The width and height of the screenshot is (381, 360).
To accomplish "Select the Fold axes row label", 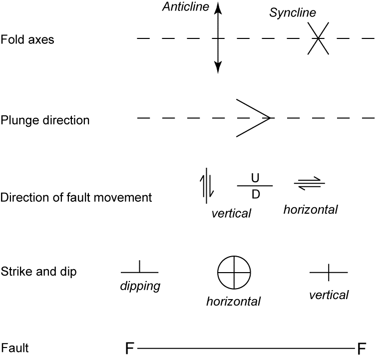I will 27,39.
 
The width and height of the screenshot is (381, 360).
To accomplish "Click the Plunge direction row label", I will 45,120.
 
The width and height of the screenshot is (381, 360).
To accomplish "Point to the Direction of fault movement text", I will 76,197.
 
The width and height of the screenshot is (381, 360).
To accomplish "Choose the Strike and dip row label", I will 38,272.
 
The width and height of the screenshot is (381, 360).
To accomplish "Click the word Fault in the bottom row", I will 15,348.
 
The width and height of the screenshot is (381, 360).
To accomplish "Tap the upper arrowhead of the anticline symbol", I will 218,7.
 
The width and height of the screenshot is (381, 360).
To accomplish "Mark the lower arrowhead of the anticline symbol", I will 218,68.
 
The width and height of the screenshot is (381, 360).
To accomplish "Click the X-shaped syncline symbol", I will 318,38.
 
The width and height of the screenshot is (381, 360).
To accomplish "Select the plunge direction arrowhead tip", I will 270,118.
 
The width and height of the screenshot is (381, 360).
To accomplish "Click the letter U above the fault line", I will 255,178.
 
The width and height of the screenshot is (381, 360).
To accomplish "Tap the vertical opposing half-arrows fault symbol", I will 207,185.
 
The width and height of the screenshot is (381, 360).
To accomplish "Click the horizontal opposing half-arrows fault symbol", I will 310,184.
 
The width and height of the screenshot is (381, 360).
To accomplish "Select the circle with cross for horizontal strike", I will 234,273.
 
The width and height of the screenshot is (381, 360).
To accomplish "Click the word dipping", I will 140,287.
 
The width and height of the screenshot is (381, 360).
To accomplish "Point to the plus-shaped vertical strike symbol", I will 328,273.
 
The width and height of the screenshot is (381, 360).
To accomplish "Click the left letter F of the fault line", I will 130,348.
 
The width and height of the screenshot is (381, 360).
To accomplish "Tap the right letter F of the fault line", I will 362,348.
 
